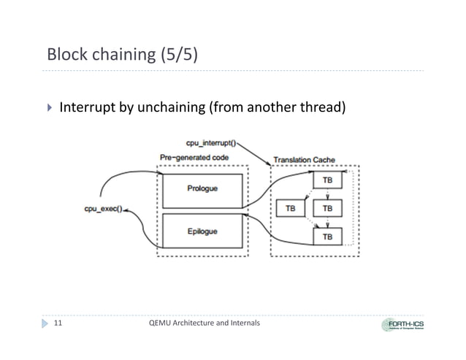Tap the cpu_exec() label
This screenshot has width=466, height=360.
102,209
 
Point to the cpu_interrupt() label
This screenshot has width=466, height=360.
207,144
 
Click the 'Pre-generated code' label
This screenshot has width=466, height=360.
194,157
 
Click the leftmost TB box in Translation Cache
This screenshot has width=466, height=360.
291,208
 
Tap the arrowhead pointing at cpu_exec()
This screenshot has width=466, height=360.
127,209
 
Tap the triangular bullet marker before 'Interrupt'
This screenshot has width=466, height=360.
50,109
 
